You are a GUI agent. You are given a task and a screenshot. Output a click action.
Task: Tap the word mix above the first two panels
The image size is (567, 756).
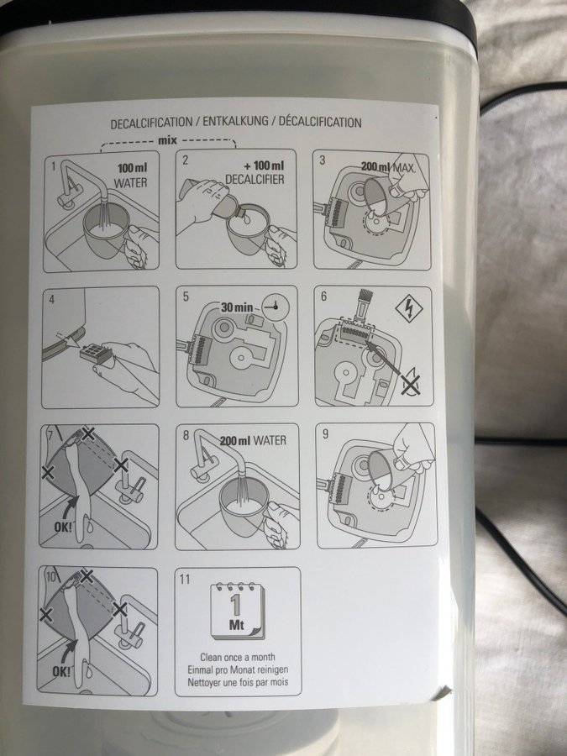click(x=167, y=140)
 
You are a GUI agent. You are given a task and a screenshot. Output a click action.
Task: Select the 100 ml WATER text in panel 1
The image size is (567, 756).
click(x=131, y=175)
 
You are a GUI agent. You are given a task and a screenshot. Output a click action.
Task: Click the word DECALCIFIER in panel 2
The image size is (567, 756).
click(x=255, y=180)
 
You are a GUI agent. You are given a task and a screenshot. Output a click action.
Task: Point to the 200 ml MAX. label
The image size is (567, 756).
click(x=388, y=167)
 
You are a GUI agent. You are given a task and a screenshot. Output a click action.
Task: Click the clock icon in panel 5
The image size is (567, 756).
click(x=276, y=307)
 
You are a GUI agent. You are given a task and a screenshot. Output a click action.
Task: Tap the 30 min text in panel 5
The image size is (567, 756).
click(x=237, y=307)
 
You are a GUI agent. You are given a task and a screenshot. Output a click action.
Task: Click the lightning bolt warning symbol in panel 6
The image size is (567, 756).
click(x=409, y=309)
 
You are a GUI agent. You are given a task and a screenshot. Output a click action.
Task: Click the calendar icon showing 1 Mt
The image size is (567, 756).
click(x=237, y=611)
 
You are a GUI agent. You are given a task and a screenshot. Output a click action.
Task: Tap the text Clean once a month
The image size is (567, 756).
click(x=238, y=657)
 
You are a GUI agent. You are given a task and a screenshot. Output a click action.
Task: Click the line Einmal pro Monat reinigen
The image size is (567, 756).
click(x=239, y=669)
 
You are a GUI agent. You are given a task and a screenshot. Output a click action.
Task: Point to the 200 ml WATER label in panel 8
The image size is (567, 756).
click(x=253, y=440)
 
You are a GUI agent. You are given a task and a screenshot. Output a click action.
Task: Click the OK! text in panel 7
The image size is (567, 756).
click(x=62, y=527)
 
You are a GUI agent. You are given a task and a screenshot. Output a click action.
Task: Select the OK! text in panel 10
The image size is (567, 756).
click(x=61, y=671)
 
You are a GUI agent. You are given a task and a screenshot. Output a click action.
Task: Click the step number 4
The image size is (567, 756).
click(x=51, y=299)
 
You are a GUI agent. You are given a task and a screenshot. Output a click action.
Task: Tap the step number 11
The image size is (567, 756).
click(x=185, y=579)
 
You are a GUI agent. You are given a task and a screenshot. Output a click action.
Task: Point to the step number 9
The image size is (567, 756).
click(x=325, y=434)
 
